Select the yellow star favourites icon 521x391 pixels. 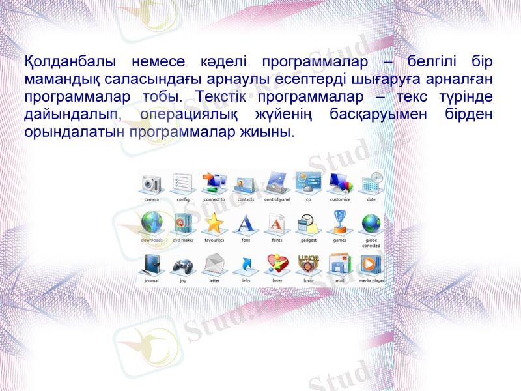point(214,224)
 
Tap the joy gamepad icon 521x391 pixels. point(183,265)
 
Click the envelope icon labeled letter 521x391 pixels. point(214,265)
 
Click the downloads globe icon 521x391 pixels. point(152,224)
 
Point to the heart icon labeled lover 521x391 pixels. point(277,265)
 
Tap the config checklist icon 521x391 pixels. point(183,183)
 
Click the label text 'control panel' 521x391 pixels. point(277,200)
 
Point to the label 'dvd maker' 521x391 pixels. point(183,240)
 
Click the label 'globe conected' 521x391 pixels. point(371,242)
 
